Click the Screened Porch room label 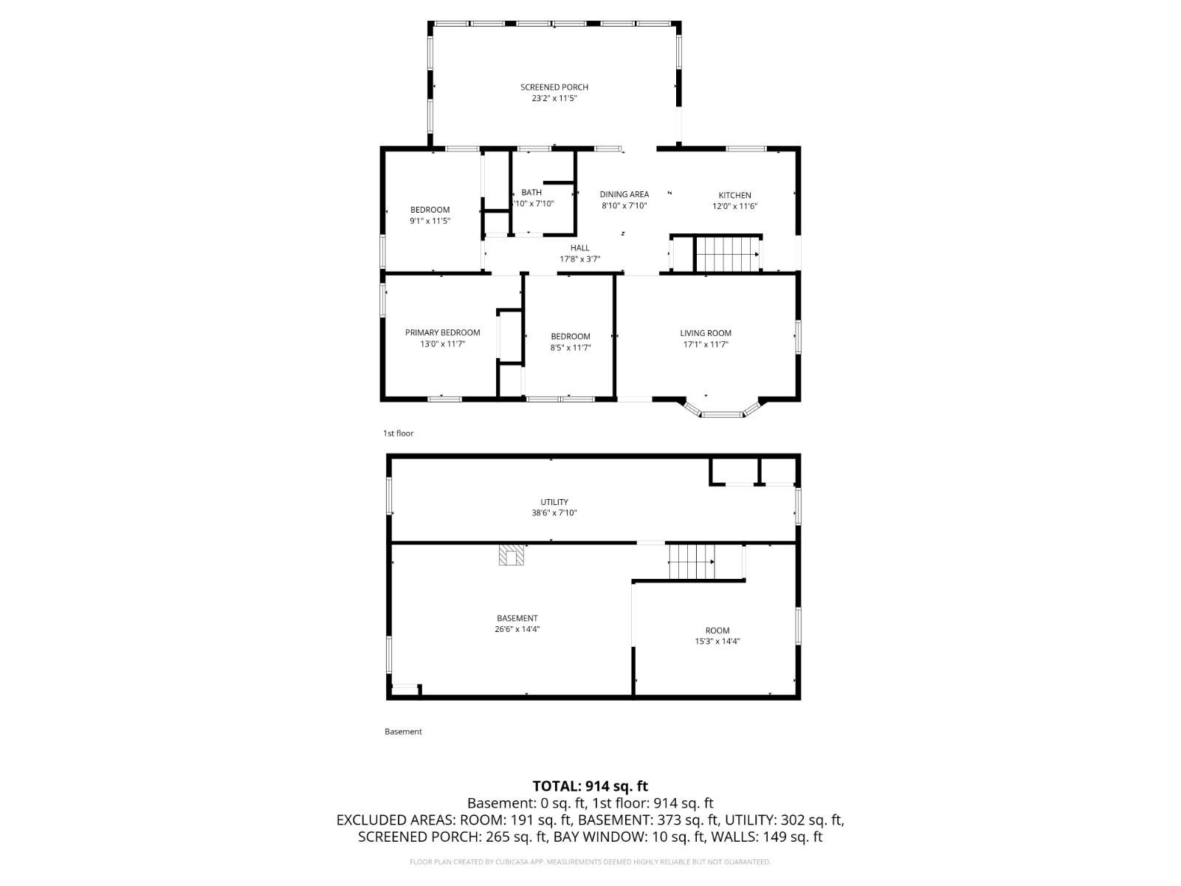coord(554,87)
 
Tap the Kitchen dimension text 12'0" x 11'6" coord(734,207)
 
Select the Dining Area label coord(624,194)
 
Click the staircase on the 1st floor coord(727,254)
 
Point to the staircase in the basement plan coord(692,562)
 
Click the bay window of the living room coord(723,412)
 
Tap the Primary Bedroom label coord(442,332)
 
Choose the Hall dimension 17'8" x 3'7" coord(579,259)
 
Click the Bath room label coord(531,193)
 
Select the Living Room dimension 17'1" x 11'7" coord(705,344)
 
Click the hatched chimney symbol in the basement coord(511,555)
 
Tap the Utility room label coord(554,502)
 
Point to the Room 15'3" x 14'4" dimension coord(717,642)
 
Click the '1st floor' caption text coord(398,433)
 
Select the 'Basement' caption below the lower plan coord(403,732)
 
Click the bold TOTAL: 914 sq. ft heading coord(590,786)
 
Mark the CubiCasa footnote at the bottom coord(590,862)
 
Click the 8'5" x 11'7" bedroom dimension coord(570,348)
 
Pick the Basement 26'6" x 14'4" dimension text coord(517,630)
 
